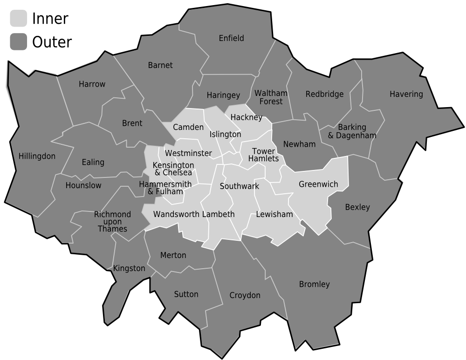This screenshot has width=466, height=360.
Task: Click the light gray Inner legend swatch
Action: (18, 19)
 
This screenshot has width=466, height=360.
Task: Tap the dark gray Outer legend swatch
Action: (18, 42)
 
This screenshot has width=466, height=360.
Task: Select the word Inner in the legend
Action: (50, 19)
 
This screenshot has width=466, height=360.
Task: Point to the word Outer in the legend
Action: (52, 42)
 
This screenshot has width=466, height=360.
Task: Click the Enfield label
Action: (231, 38)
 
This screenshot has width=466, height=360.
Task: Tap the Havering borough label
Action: (406, 94)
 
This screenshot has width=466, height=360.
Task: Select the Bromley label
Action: (314, 284)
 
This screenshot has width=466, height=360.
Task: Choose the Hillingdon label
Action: (37, 156)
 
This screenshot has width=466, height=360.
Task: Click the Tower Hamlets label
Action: (263, 155)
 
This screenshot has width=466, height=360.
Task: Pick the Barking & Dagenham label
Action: (352, 131)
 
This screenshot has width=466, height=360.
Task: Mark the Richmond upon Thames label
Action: (112, 222)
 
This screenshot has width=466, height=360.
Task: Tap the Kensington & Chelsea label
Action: (173, 169)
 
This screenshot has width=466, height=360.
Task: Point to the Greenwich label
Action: (318, 184)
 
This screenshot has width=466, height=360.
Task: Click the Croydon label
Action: (245, 295)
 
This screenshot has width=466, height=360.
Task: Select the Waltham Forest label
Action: (271, 97)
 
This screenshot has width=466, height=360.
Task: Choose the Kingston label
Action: (129, 268)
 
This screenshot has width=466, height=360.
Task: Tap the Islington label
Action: (226, 134)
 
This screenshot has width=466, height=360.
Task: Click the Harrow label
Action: (92, 84)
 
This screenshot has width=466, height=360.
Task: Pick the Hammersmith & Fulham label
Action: (165, 188)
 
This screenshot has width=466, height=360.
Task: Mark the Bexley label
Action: (357, 207)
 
